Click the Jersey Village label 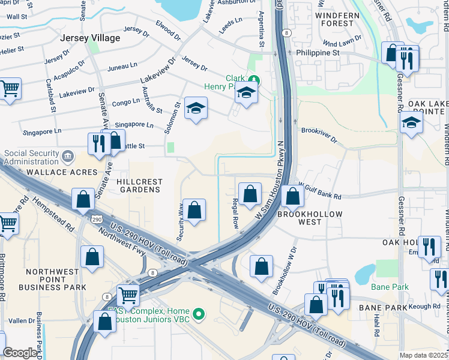pos(90,38)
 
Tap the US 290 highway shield pos(97,220)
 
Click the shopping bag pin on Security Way pos(194,210)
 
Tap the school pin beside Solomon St pos(195,109)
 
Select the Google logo pos(20,353)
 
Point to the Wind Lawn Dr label pos(342,40)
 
